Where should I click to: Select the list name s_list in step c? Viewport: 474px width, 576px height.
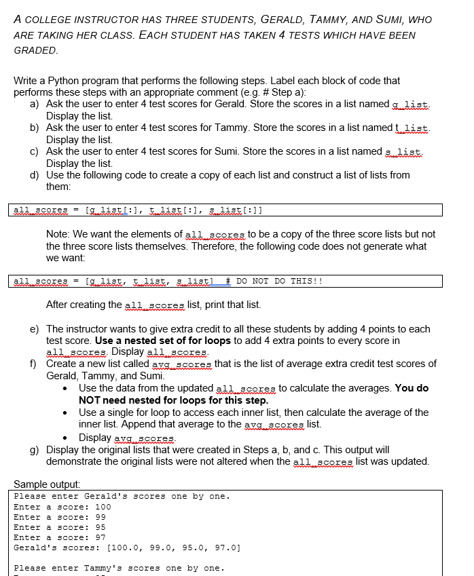pos(405,151)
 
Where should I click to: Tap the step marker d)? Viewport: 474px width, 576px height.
pos(34,175)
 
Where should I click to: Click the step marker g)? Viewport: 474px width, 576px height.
pos(34,450)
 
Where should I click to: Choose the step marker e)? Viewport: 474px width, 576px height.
pos(34,329)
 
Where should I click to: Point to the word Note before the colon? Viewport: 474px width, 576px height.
pos(57,234)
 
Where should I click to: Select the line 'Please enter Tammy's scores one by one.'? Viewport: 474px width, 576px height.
pos(122,568)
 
